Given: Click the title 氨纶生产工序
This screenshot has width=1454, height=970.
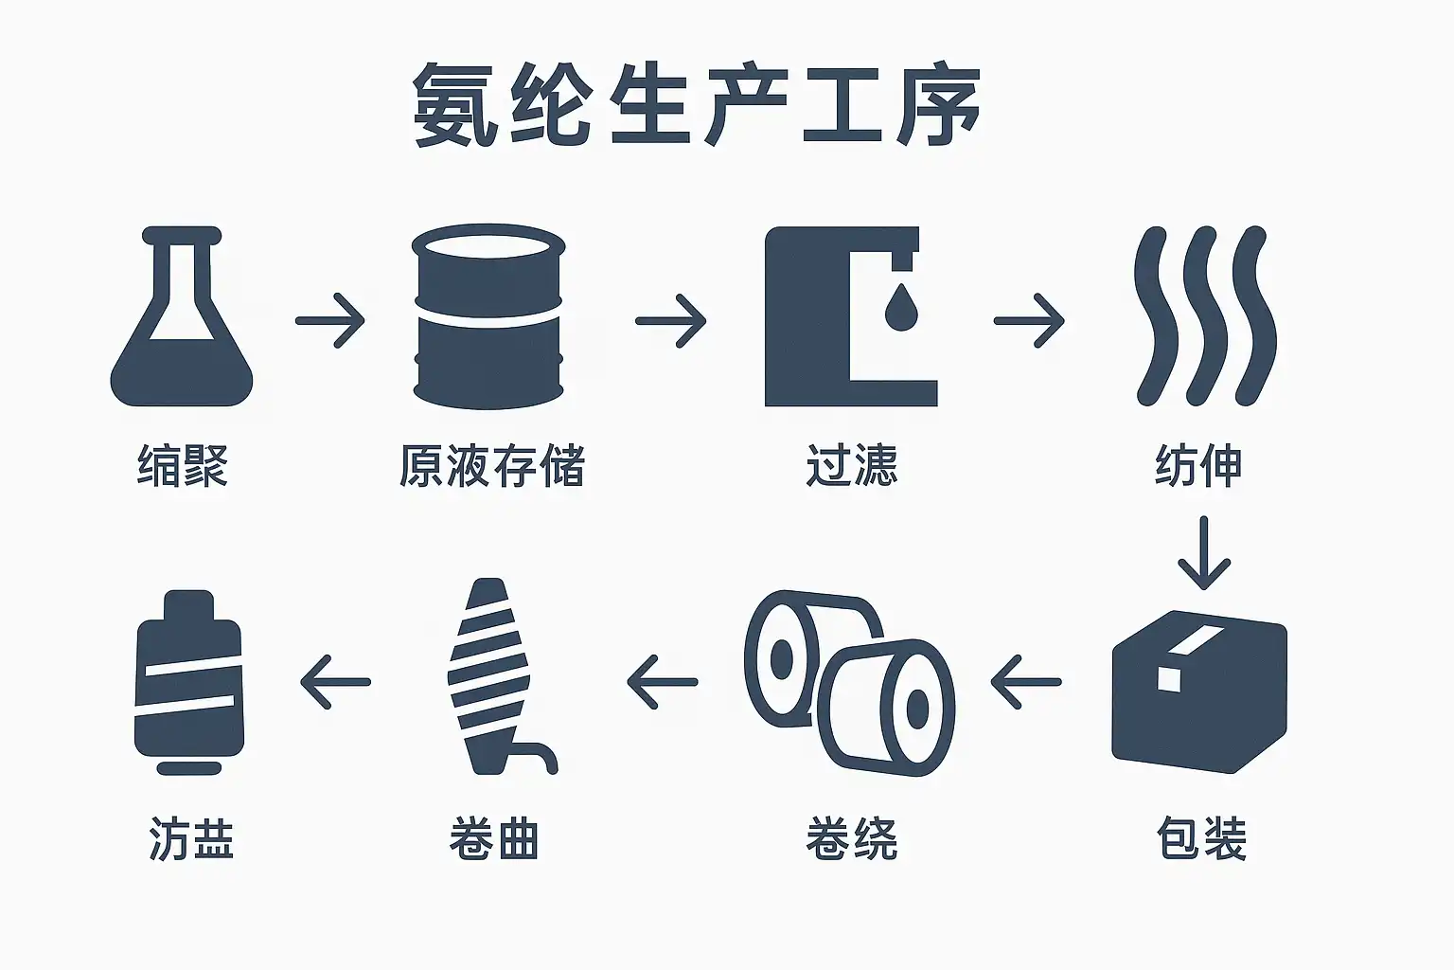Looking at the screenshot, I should pos(697,105).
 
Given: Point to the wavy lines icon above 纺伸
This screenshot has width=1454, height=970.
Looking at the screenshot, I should pos(1204,314).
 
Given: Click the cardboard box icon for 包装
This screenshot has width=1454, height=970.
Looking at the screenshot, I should pos(1199,692).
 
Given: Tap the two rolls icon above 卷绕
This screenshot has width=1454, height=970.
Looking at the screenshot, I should pos(849,680).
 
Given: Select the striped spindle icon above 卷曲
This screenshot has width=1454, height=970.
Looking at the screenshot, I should pos(492,678).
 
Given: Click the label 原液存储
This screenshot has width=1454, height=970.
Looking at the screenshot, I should pos(491,465).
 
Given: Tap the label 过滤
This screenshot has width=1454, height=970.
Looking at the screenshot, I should pos(851,465).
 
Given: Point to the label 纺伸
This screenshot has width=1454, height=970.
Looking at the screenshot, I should pos(1198,465).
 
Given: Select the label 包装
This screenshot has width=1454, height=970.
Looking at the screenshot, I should pos(1201,838).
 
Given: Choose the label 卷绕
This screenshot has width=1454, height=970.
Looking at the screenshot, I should pos(851,838).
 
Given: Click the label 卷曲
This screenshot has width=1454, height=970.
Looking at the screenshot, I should pos(494,838).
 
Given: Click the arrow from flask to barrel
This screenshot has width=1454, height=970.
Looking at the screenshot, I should pos(329,320).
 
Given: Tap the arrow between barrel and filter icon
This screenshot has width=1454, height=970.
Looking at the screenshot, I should pos(670,320).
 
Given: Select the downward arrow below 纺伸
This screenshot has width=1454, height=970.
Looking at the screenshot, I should pos(1203,553).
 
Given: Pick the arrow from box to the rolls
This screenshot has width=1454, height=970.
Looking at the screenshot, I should pos(1025,681).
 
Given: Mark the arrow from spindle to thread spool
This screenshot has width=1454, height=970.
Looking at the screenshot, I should pos(335,681).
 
